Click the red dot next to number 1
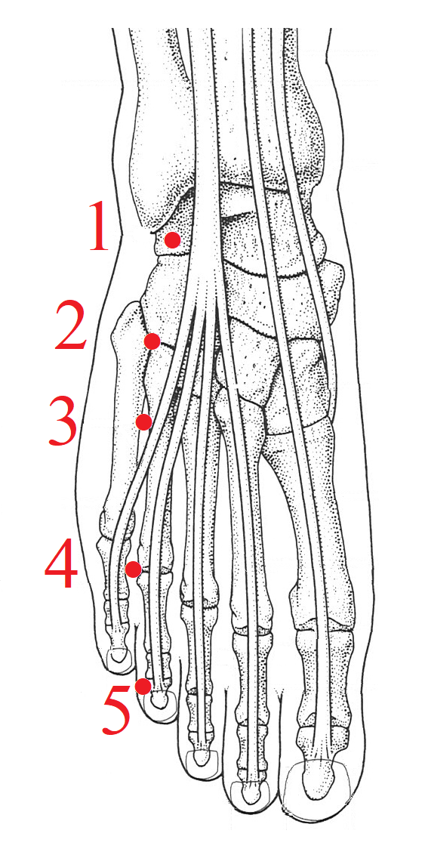click(173, 240)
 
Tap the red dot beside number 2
click(152, 341)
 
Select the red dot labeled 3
click(144, 421)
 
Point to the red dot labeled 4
click(134, 569)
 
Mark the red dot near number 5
click(143, 686)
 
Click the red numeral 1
click(99, 227)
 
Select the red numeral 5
click(116, 707)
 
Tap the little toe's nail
click(119, 658)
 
